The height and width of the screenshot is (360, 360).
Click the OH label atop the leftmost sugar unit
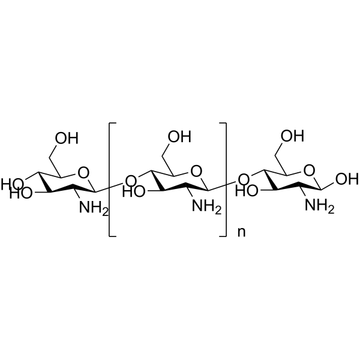coord(67,138)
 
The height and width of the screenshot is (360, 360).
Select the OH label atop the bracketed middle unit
coord(179,137)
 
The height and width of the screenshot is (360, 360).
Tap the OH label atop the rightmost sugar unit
coord(293,136)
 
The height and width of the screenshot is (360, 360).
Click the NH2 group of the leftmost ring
coord(94,208)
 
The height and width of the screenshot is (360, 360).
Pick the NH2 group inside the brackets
coord(206,206)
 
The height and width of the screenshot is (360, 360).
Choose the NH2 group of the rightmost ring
coord(319,205)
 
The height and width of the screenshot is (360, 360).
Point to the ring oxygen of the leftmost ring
coord(83,173)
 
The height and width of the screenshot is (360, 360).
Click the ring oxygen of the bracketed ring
coord(196,171)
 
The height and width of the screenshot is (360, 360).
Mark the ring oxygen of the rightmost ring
coord(309,170)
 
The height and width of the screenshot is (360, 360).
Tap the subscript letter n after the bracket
coord(241,232)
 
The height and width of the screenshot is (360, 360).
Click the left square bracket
coord(112,179)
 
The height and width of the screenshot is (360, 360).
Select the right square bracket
coord(223,179)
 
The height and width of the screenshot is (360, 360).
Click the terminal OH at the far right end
coord(347,179)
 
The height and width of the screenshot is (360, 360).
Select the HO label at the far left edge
coord(12,184)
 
